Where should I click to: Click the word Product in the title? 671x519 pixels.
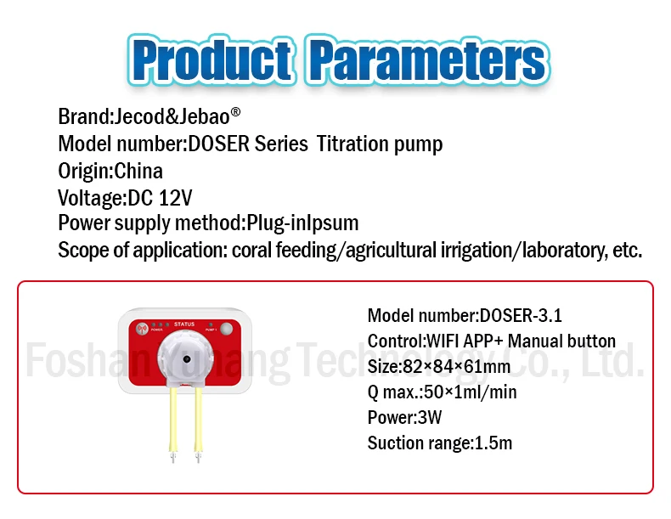[x=213, y=60]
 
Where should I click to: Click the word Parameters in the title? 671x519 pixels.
[x=428, y=60]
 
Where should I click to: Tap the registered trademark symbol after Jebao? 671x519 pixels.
[x=235, y=112]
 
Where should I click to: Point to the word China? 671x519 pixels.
[x=138, y=171]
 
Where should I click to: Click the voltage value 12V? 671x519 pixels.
[x=176, y=198]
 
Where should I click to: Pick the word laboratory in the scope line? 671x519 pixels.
[x=564, y=251]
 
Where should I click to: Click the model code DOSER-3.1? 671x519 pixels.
[x=521, y=316]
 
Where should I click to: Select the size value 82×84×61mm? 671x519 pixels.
[x=457, y=367]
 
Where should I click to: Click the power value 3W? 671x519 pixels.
[x=430, y=418]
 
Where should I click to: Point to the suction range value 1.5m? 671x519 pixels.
[x=493, y=443]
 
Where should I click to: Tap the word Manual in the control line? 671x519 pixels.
[x=535, y=341]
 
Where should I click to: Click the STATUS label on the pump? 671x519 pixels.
[x=184, y=324]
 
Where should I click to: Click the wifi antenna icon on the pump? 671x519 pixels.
[x=142, y=329]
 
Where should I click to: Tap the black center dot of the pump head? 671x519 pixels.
[x=187, y=359]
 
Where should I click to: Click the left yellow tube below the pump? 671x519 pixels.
[x=173, y=420]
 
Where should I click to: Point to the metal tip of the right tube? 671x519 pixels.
[x=198, y=457]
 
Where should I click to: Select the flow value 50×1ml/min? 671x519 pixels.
[x=471, y=392]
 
